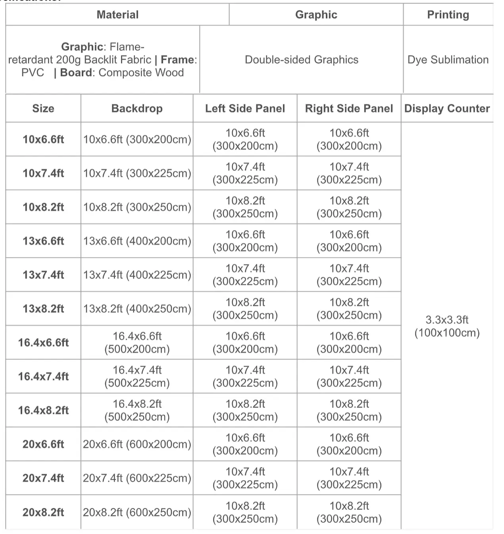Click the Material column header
[x=117, y=15]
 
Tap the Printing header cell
[x=448, y=15]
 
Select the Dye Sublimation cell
[x=448, y=60]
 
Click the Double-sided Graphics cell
[x=301, y=60]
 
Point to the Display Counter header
[x=447, y=108]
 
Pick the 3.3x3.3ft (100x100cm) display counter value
[x=447, y=326]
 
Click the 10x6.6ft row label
[x=43, y=139]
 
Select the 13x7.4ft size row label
[x=43, y=275]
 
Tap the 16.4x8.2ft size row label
[x=43, y=410]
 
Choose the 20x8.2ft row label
[x=43, y=512]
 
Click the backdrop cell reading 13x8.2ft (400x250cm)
[x=137, y=309]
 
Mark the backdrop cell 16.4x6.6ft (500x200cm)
[x=137, y=342]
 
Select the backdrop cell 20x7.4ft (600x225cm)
[x=137, y=478]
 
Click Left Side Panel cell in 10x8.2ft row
[x=245, y=207]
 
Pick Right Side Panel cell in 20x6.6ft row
[x=349, y=444]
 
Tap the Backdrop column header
[x=137, y=108]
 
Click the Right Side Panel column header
[x=349, y=108]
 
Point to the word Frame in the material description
[x=177, y=60]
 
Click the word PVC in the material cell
[x=33, y=73]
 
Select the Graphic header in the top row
[x=316, y=15]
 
